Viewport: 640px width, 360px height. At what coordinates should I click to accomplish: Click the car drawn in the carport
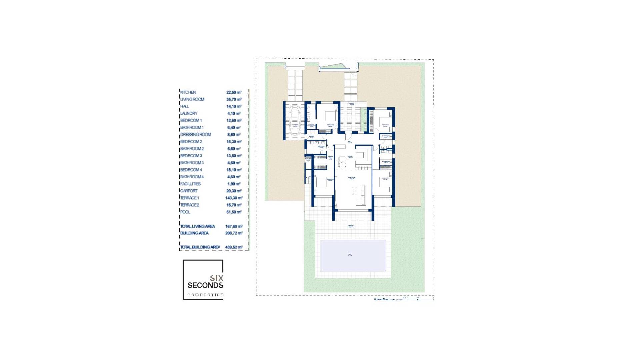point(295,121)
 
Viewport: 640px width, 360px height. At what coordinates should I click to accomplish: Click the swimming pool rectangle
point(353,256)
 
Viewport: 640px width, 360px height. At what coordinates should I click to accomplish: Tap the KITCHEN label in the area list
point(188,92)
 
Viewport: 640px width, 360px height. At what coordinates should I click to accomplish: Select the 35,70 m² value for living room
point(234,99)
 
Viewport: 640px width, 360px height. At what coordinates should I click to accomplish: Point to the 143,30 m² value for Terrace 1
point(234,198)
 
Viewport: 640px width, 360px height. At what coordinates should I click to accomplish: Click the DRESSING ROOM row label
point(195,135)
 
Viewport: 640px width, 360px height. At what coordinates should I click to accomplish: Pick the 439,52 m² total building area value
point(234,247)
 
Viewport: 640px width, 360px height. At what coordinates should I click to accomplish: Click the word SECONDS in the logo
point(205,285)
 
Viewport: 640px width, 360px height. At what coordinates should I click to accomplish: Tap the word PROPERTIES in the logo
point(205,295)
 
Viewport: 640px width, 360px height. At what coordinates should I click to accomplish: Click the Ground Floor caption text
point(381,299)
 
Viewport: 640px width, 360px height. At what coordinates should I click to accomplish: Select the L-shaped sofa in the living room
point(362,196)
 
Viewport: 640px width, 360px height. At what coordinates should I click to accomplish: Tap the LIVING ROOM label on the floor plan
point(352,178)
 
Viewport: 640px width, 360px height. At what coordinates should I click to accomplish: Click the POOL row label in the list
point(185,212)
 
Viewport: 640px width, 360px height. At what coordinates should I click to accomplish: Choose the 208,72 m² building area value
point(234,233)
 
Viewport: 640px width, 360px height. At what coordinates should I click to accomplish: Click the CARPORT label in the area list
point(189,191)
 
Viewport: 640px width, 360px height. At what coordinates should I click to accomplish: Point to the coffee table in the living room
point(354,191)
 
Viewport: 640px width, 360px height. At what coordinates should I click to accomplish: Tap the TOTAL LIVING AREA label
point(197,226)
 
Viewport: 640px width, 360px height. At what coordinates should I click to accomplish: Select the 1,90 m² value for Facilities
point(234,184)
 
